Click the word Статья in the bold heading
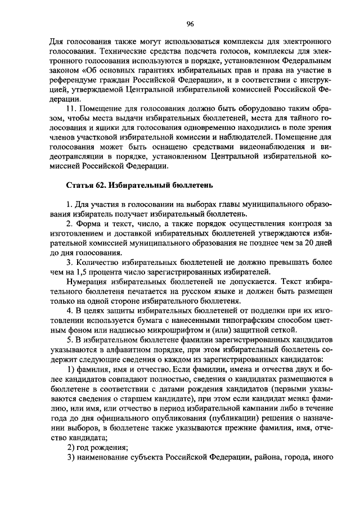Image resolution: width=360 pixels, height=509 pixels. tap(80, 184)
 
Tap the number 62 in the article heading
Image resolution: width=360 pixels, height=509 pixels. tap(101, 184)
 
